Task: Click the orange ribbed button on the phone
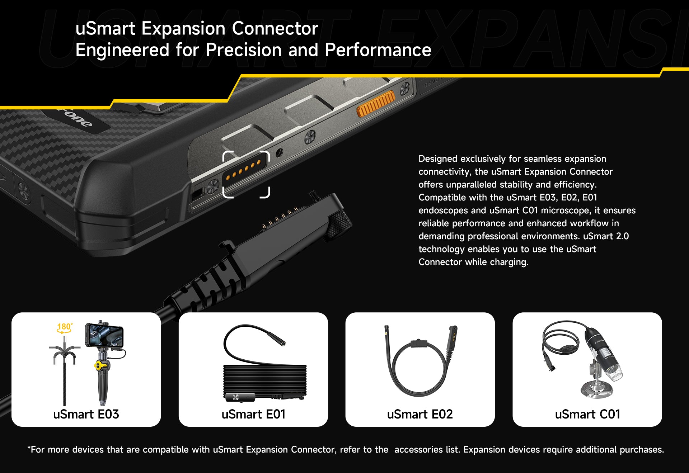point(375,104)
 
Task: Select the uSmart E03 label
point(86,414)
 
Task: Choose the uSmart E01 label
point(253,414)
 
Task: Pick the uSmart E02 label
point(420,414)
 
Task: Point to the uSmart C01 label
point(587,414)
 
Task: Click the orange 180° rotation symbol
point(65,328)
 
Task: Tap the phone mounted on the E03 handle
point(104,335)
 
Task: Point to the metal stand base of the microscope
point(597,389)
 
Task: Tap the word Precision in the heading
point(244,50)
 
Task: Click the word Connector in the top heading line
point(275,28)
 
